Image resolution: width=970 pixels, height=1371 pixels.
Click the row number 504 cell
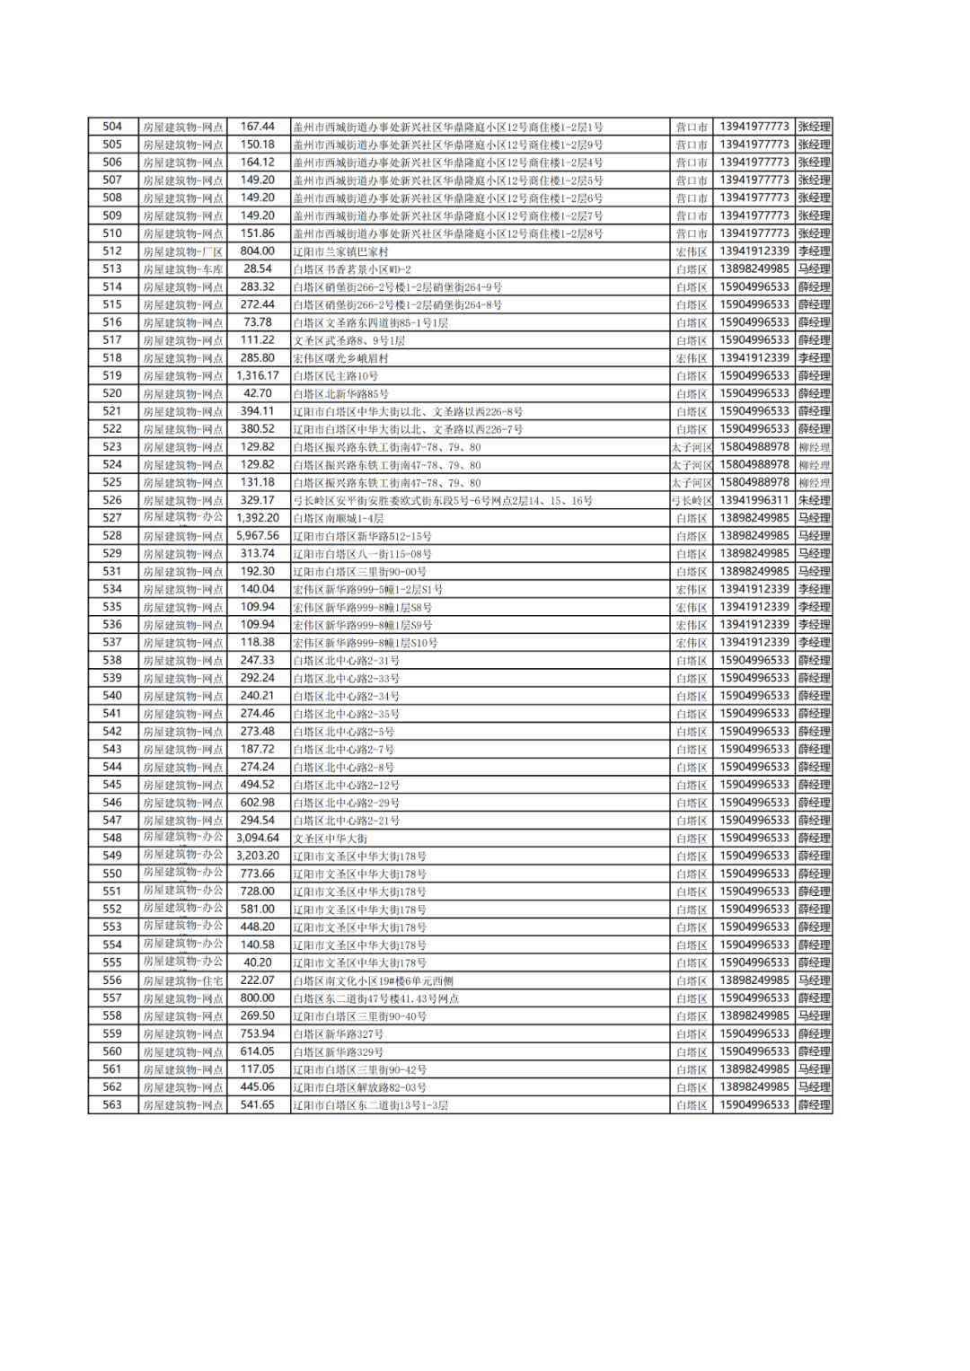point(112,127)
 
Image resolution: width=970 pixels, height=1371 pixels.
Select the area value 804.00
point(257,251)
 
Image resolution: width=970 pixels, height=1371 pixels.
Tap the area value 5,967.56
point(257,536)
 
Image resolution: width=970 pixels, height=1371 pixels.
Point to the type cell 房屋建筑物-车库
point(182,269)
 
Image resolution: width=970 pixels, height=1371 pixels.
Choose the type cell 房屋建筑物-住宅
point(182,980)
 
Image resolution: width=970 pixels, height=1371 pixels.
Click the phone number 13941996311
point(754,500)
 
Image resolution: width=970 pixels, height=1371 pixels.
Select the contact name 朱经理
point(814,500)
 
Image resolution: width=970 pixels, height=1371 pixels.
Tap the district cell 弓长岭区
point(692,500)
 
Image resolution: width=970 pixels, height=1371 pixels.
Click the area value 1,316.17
point(257,376)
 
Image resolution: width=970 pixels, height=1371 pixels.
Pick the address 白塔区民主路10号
point(335,376)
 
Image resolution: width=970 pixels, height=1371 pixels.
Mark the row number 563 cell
point(112,1105)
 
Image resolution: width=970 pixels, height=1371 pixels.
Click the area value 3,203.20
point(257,856)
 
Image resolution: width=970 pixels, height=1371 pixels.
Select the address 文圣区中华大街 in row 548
point(330,839)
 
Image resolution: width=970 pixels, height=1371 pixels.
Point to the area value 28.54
point(257,269)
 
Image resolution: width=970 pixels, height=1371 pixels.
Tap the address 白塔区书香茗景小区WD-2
point(351,269)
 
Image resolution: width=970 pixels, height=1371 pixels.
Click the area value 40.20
point(257,962)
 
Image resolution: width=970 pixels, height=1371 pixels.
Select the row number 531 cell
point(112,571)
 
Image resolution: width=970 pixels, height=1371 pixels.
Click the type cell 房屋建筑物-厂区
point(182,251)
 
